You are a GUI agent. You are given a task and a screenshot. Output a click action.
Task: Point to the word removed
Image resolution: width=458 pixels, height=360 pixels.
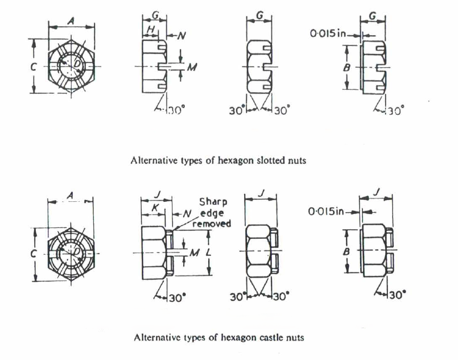click(x=213, y=223)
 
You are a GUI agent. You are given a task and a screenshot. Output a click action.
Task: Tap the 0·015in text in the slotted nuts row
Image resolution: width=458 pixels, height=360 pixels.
click(x=328, y=34)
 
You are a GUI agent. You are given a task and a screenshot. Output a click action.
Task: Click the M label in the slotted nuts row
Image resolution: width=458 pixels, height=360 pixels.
click(x=192, y=67)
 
